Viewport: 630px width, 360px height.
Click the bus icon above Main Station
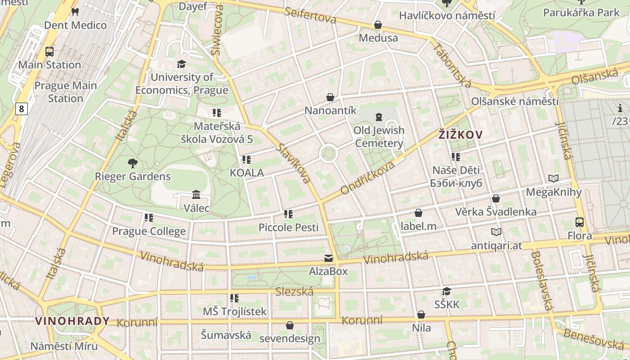(x=49, y=52)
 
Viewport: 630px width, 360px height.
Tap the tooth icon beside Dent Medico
(x=75, y=12)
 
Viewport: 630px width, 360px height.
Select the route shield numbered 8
(x=21, y=108)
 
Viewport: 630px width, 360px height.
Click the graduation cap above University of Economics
(x=181, y=64)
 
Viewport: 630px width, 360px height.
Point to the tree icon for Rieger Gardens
(x=132, y=163)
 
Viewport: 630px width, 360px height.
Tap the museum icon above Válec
(x=196, y=195)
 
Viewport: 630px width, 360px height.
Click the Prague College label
(x=148, y=231)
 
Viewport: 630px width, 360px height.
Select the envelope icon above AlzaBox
(x=328, y=258)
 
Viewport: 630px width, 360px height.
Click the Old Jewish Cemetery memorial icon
(x=378, y=117)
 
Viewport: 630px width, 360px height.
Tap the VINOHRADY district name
(x=72, y=321)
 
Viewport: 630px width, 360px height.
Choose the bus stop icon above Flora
(x=580, y=222)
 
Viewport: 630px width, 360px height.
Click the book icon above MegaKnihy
(x=553, y=179)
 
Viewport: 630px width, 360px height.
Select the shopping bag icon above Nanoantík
(x=330, y=97)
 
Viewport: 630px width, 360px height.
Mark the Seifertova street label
(x=310, y=15)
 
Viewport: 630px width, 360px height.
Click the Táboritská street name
(x=453, y=65)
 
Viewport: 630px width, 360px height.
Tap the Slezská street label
(x=294, y=292)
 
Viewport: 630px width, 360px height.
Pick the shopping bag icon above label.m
(x=418, y=213)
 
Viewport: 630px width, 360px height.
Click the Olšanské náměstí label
(x=515, y=101)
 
